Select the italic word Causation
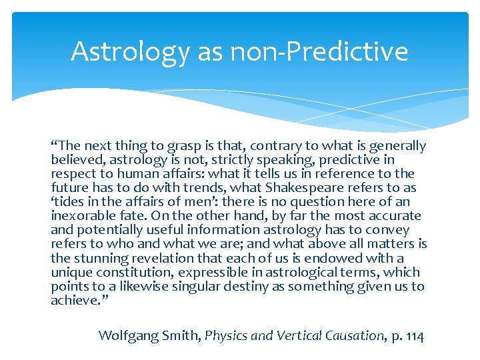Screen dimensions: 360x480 pyautogui.click(x=351, y=335)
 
